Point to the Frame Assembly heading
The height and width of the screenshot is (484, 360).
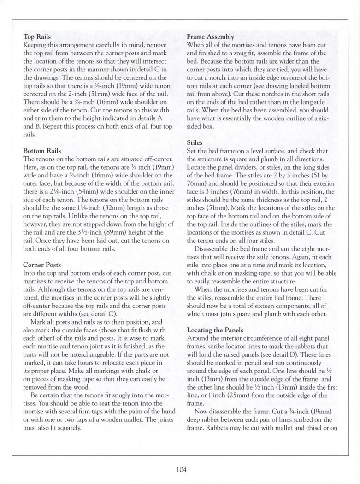(210, 36)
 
